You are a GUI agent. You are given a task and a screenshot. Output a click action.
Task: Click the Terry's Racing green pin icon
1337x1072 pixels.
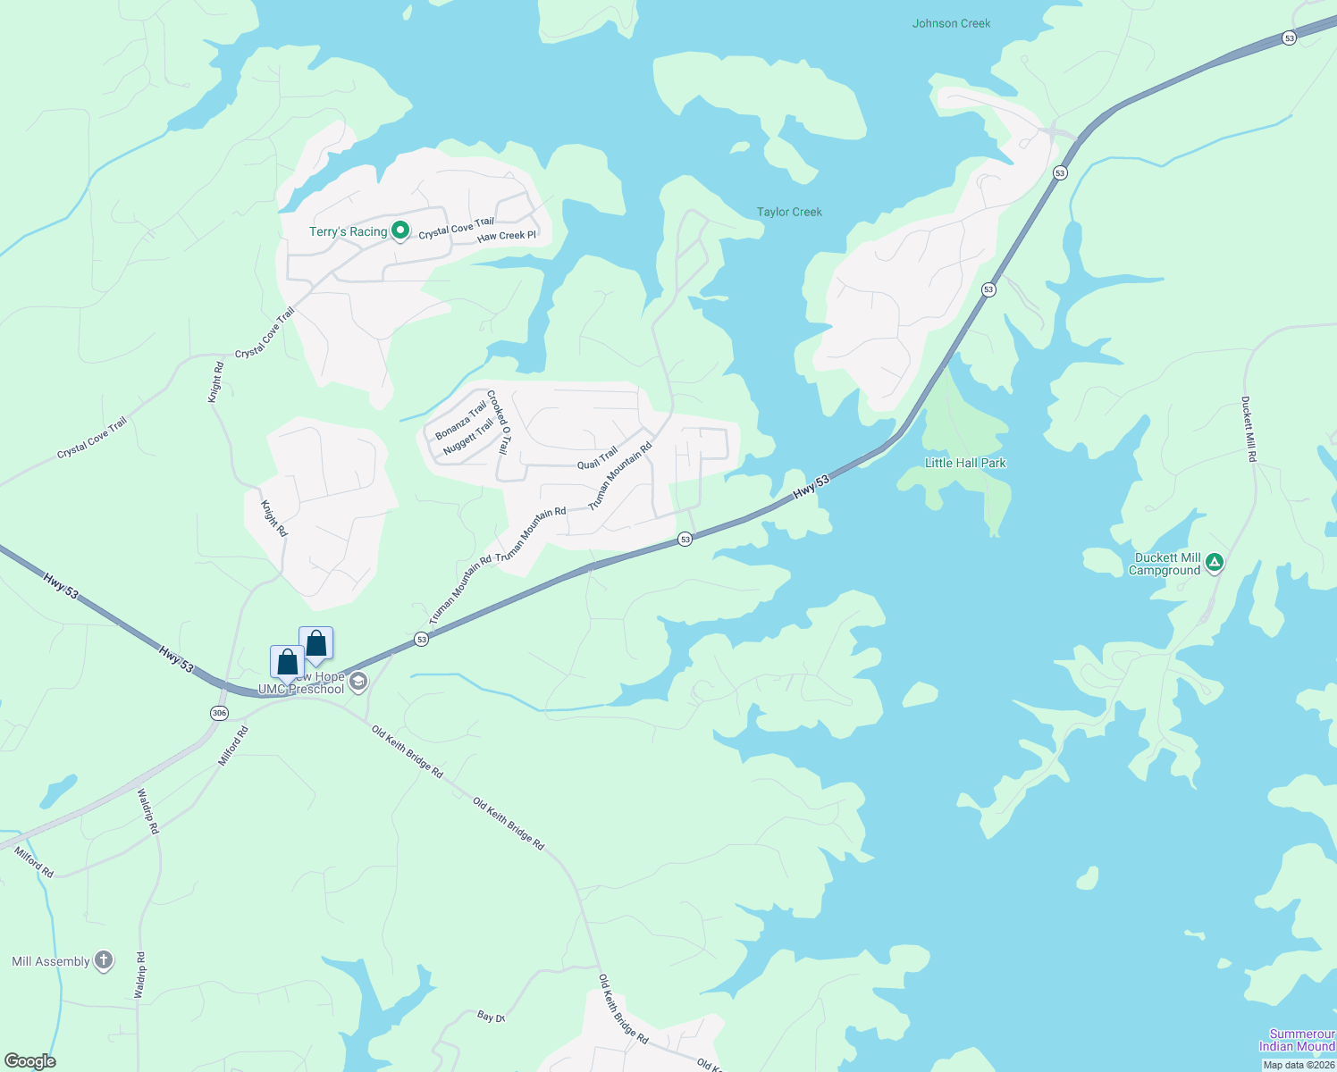400,231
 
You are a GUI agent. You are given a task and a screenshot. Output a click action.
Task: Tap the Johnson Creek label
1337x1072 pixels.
951,23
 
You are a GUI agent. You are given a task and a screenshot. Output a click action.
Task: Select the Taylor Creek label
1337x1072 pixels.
789,212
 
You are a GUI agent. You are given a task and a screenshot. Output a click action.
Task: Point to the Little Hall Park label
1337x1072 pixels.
965,463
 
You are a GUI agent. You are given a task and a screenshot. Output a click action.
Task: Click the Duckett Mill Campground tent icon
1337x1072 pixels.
1214,563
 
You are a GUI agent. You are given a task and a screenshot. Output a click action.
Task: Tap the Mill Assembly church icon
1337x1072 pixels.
104,960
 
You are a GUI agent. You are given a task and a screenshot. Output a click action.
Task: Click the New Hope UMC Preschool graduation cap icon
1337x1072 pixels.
357,683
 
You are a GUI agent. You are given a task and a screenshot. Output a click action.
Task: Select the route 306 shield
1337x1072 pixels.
219,713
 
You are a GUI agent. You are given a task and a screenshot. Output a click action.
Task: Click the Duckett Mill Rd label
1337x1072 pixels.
1249,429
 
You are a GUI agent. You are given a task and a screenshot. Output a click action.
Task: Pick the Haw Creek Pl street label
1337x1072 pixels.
507,236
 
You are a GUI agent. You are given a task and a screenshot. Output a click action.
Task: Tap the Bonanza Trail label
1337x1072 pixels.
461,420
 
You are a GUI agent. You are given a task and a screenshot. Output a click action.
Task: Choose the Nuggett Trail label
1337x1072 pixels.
468,437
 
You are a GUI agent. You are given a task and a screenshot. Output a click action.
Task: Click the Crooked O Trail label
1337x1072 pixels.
499,422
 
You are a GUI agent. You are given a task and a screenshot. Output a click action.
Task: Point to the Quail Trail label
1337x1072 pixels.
597,458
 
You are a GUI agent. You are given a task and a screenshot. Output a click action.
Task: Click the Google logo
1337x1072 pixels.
29,1061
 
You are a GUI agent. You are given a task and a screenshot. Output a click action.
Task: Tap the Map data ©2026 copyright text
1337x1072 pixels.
1298,1065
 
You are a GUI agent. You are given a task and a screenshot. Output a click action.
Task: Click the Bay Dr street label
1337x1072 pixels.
491,1017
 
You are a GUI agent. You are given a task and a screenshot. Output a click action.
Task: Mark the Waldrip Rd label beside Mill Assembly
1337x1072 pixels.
139,975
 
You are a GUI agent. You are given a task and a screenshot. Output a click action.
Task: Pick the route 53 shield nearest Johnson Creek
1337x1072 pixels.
1288,38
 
